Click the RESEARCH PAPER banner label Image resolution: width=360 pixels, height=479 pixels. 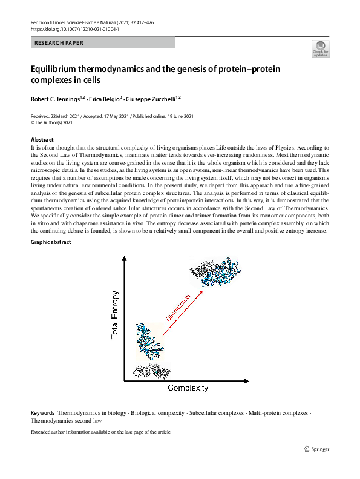tap(59, 43)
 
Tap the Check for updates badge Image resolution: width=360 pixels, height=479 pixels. tap(321, 48)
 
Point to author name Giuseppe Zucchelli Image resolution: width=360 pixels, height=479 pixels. tap(150, 99)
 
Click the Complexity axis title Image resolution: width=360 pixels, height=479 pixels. tap(188, 388)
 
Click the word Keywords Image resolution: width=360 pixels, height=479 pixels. tap(43, 413)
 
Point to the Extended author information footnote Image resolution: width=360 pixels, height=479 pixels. tap(100, 432)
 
